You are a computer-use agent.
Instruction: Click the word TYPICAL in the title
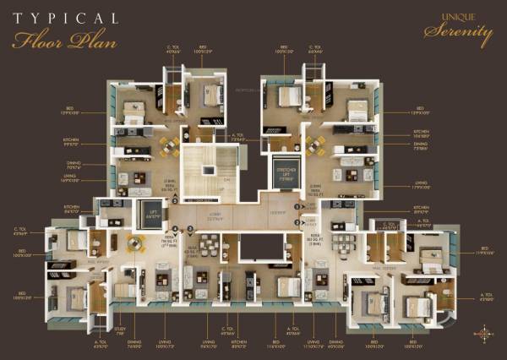coord(65,18)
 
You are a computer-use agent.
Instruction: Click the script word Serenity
coord(458,35)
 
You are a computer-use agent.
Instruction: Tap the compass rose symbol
coord(484,333)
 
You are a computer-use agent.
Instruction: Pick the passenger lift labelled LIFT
coord(153,215)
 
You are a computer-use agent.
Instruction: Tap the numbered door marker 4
coord(175,230)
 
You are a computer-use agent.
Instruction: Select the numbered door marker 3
coord(297,222)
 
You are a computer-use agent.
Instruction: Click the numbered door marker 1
coord(297,205)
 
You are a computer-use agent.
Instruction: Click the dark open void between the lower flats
coord(259,248)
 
